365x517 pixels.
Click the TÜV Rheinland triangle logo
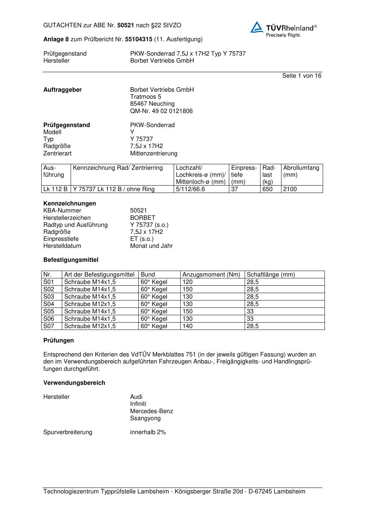[x=257, y=27]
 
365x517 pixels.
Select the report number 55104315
[x=138, y=39]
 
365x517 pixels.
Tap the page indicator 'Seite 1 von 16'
[x=301, y=76]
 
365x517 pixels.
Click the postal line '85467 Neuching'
[x=152, y=104]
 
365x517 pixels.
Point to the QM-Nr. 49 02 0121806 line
[x=161, y=111]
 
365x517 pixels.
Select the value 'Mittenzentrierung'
[x=153, y=153]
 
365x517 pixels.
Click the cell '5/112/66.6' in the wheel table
[x=190, y=189]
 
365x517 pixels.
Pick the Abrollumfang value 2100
[x=290, y=189]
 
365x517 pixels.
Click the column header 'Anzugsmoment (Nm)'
[x=211, y=275]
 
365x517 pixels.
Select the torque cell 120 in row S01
[x=187, y=282]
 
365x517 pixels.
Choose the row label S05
[x=49, y=312]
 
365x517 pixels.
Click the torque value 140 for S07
[x=187, y=326]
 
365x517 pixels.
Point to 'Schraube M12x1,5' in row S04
[x=90, y=304]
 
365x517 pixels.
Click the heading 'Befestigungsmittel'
[x=71, y=260]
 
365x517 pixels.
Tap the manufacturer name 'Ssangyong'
[x=145, y=418]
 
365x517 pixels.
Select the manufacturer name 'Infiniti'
[x=138, y=404]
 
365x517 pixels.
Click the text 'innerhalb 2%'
[x=148, y=432]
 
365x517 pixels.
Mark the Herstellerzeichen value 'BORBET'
[x=142, y=218]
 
